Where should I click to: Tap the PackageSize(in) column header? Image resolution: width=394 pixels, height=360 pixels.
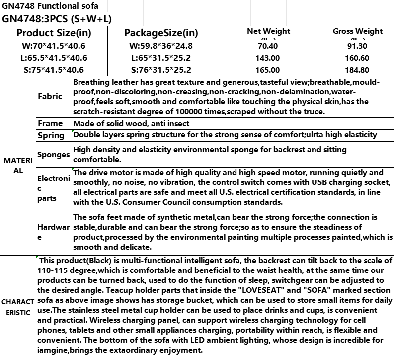tap(161, 33)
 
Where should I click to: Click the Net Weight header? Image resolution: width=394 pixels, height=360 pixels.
tap(268, 31)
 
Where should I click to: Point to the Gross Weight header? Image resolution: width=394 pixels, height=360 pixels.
tap(358, 31)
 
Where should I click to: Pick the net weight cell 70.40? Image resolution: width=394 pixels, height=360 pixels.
tap(268, 46)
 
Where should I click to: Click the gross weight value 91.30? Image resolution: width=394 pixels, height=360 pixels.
tap(358, 46)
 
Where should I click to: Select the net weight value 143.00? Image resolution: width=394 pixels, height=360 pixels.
tap(268, 58)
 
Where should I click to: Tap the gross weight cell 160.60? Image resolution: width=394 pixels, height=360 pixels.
tap(358, 58)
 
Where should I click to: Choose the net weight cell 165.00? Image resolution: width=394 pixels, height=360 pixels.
tap(268, 70)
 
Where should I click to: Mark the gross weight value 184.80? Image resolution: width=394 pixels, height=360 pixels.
tap(358, 70)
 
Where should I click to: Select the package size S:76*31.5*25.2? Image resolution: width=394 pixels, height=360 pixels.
tap(161, 70)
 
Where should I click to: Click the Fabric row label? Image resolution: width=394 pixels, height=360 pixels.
tap(50, 96)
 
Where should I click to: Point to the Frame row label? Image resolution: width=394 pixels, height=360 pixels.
tap(50, 123)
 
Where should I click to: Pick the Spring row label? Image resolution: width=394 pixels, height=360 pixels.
tap(51, 135)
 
